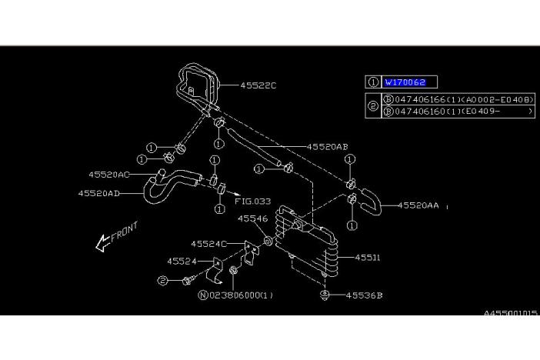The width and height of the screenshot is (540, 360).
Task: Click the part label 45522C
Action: click(x=258, y=85)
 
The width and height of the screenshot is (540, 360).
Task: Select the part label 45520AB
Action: click(x=327, y=146)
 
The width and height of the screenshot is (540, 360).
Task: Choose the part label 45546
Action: click(x=252, y=218)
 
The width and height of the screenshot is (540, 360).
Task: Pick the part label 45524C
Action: click(x=208, y=244)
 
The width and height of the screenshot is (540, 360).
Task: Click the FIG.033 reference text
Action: click(x=252, y=202)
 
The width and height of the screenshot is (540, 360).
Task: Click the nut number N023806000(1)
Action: click(x=235, y=295)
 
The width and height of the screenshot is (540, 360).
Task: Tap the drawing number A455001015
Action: click(x=511, y=313)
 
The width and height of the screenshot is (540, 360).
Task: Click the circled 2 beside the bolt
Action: click(x=162, y=282)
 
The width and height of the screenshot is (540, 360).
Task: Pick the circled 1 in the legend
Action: click(x=373, y=82)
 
